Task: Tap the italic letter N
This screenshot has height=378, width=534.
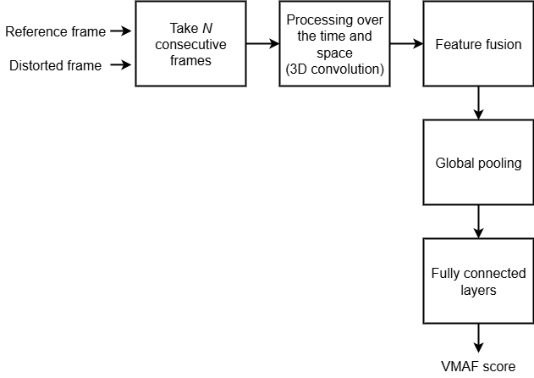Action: [x=206, y=27]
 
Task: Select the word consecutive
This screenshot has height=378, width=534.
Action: [x=191, y=43]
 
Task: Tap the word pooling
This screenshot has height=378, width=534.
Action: [x=501, y=162]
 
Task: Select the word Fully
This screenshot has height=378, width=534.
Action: [x=445, y=274]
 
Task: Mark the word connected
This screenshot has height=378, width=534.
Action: [x=495, y=274]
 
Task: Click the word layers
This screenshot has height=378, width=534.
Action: [x=478, y=290]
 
